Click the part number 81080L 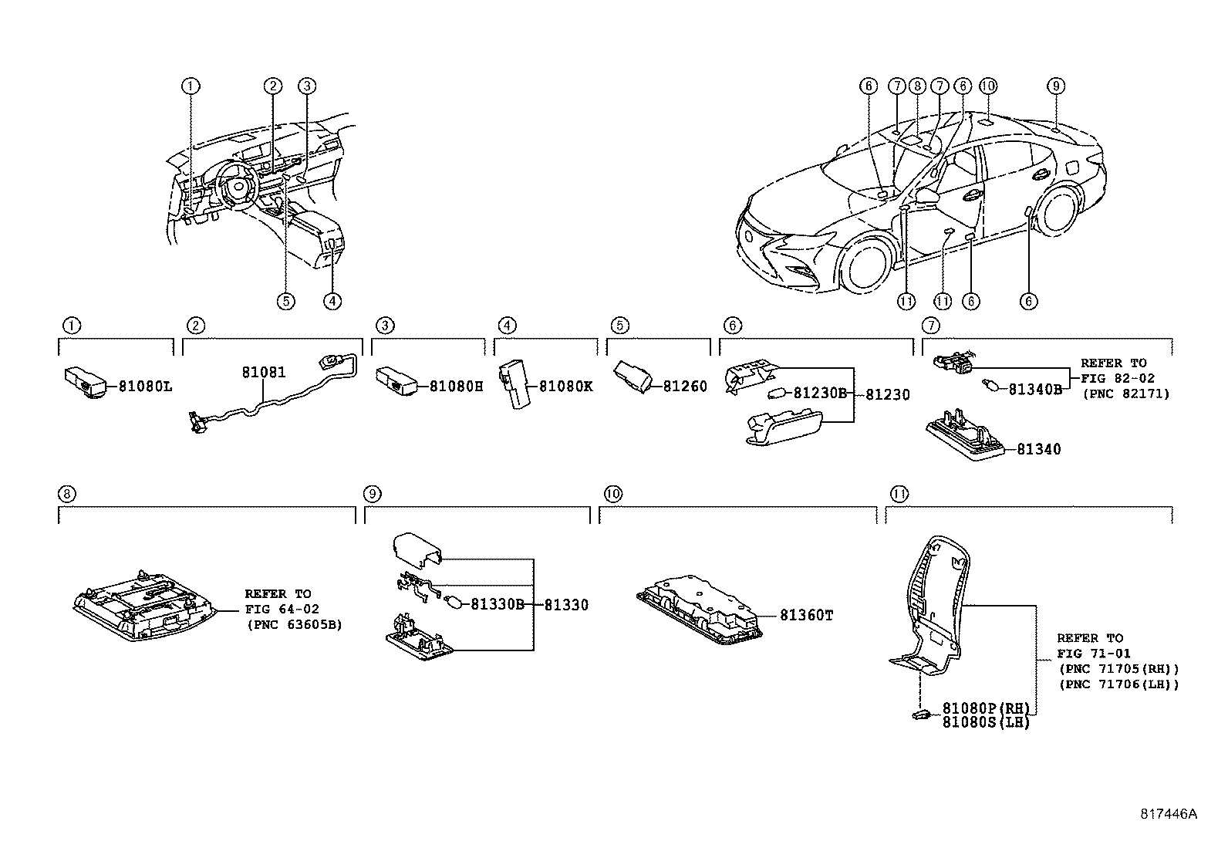(x=145, y=387)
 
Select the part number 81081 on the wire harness (x=263, y=373)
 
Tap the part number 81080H (x=456, y=387)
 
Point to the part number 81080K (x=565, y=387)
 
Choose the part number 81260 (x=684, y=387)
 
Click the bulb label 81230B (x=820, y=394)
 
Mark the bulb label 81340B (x=1035, y=390)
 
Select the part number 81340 (x=1038, y=449)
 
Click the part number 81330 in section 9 (x=566, y=605)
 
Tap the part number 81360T (x=806, y=616)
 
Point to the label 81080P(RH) (x=986, y=708)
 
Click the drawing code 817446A (x=1169, y=814)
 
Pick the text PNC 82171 (x=1126, y=394)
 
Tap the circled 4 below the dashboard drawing (x=332, y=302)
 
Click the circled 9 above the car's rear (x=1056, y=86)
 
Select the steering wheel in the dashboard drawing (x=236, y=186)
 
